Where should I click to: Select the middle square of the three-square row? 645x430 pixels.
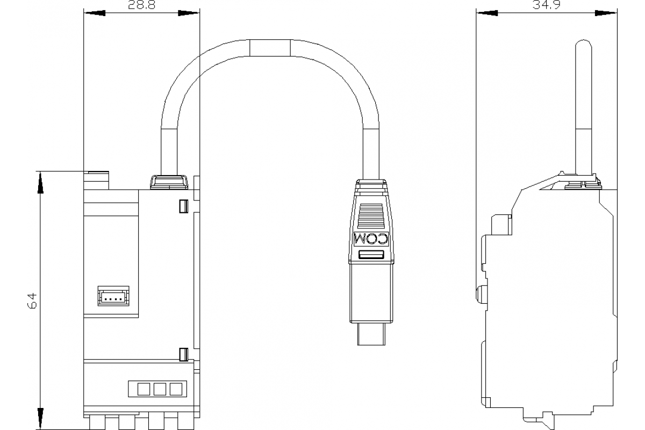[x=160, y=389]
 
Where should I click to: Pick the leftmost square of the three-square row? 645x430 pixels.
[x=144, y=389]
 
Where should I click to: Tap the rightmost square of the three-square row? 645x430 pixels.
[x=176, y=389]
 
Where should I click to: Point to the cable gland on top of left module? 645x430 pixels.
[x=169, y=182]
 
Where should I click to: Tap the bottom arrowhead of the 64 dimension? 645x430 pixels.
[x=40, y=417]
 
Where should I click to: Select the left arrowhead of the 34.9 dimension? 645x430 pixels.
[x=485, y=13]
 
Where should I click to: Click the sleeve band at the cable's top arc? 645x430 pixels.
[x=270, y=47]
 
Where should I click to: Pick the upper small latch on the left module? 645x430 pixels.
[x=183, y=206]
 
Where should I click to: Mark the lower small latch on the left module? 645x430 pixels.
[x=183, y=354]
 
